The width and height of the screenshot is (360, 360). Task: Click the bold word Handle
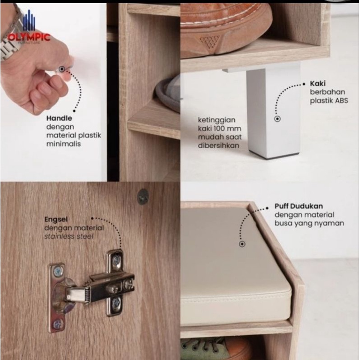[59, 118]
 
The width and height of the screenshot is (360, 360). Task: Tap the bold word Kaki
[318, 84]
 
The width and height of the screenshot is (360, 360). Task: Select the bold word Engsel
[56, 219]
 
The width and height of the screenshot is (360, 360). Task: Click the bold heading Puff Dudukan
[299, 206]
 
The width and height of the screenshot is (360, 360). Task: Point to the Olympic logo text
[29, 37]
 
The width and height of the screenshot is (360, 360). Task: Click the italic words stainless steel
[69, 236]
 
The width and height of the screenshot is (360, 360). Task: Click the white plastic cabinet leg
[273, 110]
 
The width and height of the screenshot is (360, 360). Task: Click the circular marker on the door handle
[61, 69]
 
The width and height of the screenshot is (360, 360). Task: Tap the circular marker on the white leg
[277, 119]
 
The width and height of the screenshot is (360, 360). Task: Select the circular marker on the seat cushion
[242, 244]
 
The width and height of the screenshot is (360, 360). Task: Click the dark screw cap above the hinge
[143, 196]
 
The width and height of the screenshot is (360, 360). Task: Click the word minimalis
[64, 144]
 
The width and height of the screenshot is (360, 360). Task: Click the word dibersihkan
[219, 145]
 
